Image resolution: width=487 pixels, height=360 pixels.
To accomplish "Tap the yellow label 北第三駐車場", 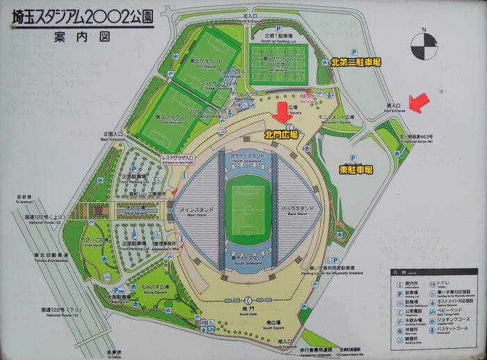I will pyautogui.click(x=356, y=62).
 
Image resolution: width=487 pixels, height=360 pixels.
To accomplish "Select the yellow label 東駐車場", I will pyautogui.click(x=356, y=169).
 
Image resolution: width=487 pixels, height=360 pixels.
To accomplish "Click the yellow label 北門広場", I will pyautogui.click(x=281, y=134).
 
